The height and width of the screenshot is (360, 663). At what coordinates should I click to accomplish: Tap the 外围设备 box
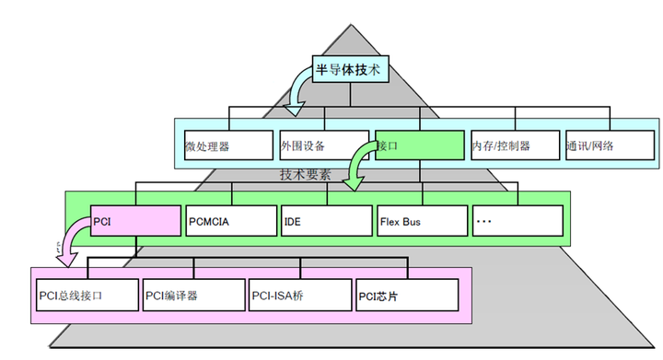pos(323,145)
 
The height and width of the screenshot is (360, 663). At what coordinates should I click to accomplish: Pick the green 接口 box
pos(419,145)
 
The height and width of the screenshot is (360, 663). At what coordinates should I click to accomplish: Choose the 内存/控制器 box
pos(513,145)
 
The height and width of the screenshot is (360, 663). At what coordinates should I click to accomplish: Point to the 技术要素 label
pos(305,174)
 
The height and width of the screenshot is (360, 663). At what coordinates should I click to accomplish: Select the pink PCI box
pos(134,221)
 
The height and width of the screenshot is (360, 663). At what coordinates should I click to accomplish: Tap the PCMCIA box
pos(230,221)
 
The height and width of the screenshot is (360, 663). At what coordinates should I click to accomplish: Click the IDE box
pos(325,221)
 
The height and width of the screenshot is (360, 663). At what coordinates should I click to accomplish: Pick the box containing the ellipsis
pos(516,221)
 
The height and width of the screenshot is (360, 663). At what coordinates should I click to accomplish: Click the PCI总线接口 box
pos(86,296)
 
